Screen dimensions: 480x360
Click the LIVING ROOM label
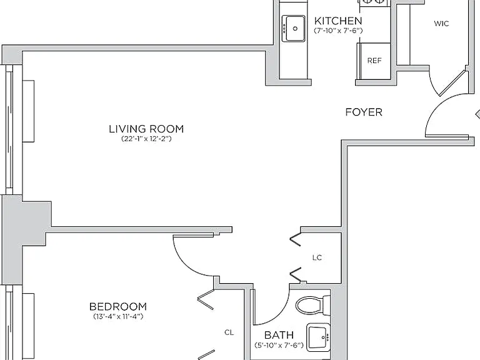pyautogui.click(x=146, y=129)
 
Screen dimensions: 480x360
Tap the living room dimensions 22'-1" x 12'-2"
pyautogui.click(x=146, y=139)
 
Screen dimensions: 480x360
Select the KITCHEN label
pyautogui.click(x=338, y=21)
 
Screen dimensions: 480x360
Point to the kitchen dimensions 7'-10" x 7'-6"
pyautogui.click(x=338, y=31)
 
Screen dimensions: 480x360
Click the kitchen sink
pyautogui.click(x=294, y=29)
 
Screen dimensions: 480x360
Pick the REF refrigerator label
pyautogui.click(x=374, y=61)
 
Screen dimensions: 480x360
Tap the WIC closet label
pyautogui.click(x=441, y=24)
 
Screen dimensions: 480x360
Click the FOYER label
pyautogui.click(x=364, y=112)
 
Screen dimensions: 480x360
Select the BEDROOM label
pyautogui.click(x=118, y=306)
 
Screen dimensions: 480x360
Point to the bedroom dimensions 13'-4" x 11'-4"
pyautogui.click(x=118, y=316)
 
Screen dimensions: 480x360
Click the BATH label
pyautogui.click(x=279, y=335)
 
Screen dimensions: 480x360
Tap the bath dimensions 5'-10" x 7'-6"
pyautogui.click(x=279, y=345)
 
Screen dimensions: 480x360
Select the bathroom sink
pyautogui.click(x=318, y=337)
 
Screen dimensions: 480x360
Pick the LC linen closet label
pyautogui.click(x=317, y=257)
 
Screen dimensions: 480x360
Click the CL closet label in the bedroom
pyautogui.click(x=229, y=332)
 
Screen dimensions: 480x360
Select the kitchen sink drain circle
pyautogui.click(x=295, y=29)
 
